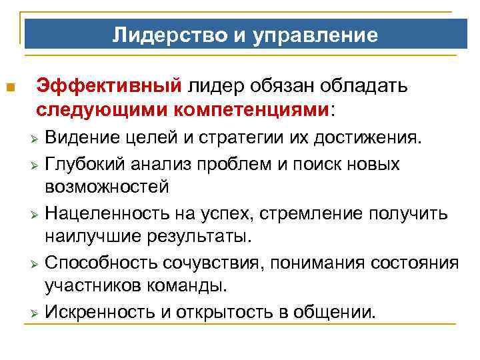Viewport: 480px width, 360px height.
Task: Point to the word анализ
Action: [x=173, y=165]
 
